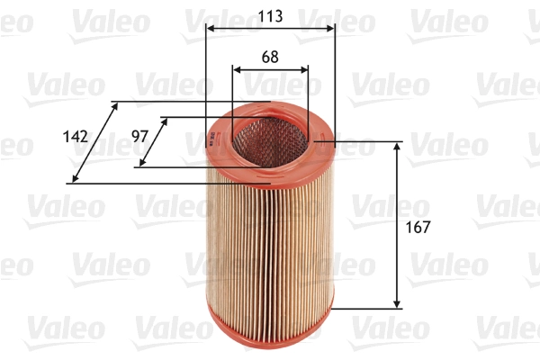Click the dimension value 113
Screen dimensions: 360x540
270,15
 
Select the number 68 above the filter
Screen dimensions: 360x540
270,56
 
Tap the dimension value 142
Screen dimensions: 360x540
76,137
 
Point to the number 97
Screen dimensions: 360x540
139,136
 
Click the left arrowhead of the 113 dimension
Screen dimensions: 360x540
210,29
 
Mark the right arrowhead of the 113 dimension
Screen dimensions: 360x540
331,29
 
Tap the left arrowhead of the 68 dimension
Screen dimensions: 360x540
236,69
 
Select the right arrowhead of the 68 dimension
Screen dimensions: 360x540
305,69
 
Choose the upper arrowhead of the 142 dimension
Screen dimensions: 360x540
114,106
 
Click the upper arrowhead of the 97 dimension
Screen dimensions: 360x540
164,121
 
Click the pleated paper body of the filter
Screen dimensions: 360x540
270,243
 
